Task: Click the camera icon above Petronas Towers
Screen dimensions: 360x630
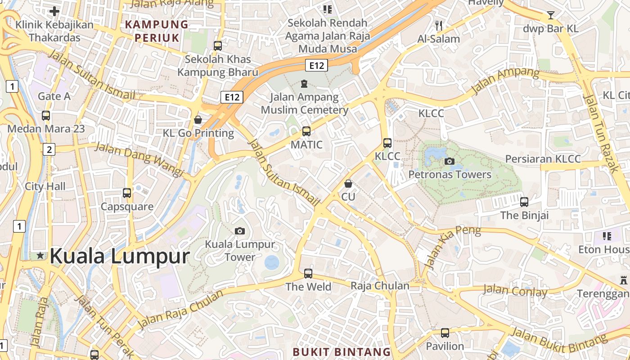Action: pyautogui.click(x=449, y=161)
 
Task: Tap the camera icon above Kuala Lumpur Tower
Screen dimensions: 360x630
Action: pyautogui.click(x=240, y=231)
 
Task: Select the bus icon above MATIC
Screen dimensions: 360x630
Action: pyautogui.click(x=306, y=131)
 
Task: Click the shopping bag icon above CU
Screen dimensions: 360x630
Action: pyautogui.click(x=348, y=184)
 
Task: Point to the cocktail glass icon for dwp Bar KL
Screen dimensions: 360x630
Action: pyautogui.click(x=550, y=15)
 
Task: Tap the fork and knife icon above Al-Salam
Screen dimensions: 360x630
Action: pyautogui.click(x=439, y=25)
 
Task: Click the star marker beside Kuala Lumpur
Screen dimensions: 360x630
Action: pyautogui.click(x=40, y=256)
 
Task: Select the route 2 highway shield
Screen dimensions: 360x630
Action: pyautogui.click(x=49, y=149)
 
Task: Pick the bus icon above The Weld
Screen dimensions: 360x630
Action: pyautogui.click(x=308, y=273)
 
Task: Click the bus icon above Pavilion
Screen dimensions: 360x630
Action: pyautogui.click(x=445, y=333)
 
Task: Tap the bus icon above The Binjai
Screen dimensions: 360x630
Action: pyautogui.click(x=524, y=202)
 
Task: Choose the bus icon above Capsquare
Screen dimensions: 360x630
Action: pyautogui.click(x=127, y=193)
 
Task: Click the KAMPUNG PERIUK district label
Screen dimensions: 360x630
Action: pyautogui.click(x=157, y=31)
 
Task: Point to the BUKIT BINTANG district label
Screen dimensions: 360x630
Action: pyautogui.click(x=342, y=351)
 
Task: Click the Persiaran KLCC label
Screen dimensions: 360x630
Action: pyautogui.click(x=543, y=159)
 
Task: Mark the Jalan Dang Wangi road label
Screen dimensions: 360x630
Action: pyautogui.click(x=139, y=159)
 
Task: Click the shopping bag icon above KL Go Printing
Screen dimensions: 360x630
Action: pyautogui.click(x=198, y=120)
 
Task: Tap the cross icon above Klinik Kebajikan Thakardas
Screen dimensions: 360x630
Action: pyautogui.click(x=54, y=11)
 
